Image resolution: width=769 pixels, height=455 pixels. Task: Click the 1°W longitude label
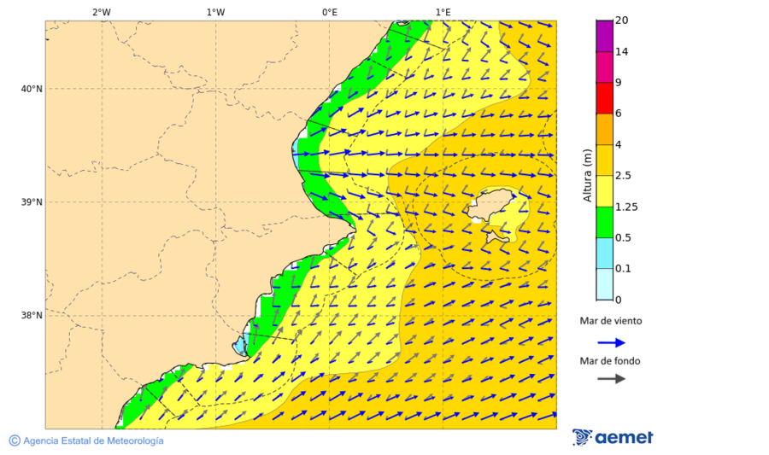tap(215, 12)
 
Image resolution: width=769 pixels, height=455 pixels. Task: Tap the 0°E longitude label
tap(329, 12)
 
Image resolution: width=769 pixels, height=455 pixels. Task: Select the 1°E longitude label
tap(443, 12)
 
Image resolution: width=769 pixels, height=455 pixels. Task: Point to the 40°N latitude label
tap(31, 89)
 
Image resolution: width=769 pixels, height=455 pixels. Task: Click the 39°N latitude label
tap(31, 202)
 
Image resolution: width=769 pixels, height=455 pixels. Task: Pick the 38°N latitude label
tap(31, 316)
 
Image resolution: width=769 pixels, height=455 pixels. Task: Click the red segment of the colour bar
tap(605, 98)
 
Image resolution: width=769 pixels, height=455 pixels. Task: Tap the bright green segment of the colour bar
tap(605, 222)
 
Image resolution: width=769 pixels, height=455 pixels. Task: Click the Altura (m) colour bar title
tap(587, 175)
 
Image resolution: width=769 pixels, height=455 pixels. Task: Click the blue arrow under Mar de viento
tap(611, 342)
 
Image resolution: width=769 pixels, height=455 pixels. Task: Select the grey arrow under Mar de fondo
tap(611, 378)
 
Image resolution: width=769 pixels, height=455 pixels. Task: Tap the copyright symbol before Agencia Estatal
tap(15, 440)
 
